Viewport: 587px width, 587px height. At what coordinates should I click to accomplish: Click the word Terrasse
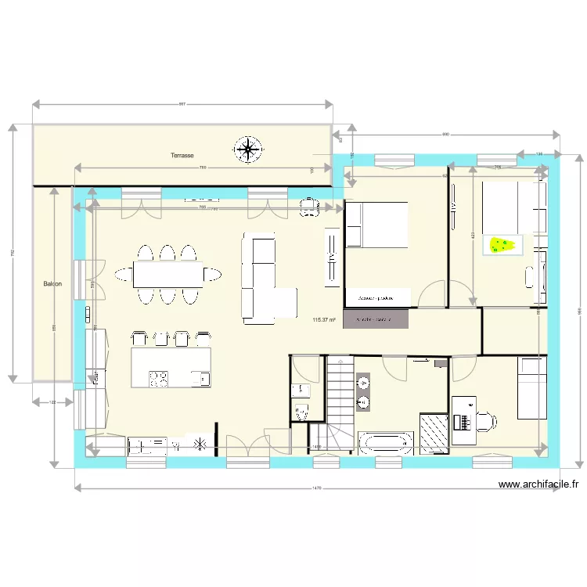(182, 156)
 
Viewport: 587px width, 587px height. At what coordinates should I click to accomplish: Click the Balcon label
(52, 284)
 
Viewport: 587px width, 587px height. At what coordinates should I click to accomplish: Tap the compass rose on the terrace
(248, 149)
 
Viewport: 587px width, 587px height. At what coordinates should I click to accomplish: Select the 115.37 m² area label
(323, 319)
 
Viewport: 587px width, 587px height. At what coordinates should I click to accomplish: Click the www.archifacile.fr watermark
(541, 485)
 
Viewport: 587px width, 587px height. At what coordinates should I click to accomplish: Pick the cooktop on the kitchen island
(159, 379)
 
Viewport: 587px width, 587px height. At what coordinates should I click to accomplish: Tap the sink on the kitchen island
(203, 379)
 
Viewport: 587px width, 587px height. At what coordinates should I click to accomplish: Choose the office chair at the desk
(486, 421)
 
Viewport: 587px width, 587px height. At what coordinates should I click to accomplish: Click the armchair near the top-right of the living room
(310, 206)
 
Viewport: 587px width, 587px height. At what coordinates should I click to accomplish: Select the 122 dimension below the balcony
(52, 402)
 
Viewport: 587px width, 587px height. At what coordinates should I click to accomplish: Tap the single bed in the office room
(532, 387)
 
